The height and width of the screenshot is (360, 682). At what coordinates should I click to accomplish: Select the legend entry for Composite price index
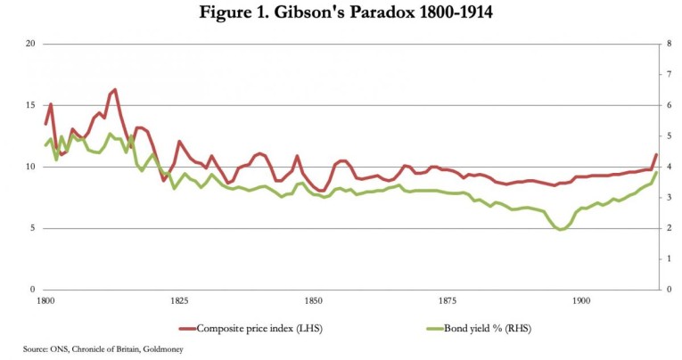[x=259, y=328]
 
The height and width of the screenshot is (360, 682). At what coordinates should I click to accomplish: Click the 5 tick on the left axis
[x=32, y=228]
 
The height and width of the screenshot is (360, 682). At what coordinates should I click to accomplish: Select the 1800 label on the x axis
[x=45, y=302]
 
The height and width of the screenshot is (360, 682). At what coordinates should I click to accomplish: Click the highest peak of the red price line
[x=115, y=89]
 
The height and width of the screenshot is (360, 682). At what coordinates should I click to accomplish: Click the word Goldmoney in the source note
[x=162, y=348]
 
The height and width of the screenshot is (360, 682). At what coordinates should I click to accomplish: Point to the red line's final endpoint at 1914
[x=656, y=155]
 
